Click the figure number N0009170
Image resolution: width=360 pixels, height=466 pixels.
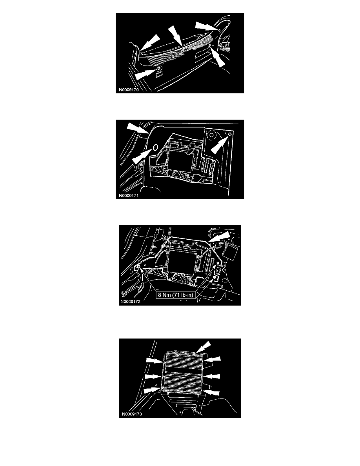click(129, 90)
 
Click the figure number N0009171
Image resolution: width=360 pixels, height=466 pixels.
click(129, 196)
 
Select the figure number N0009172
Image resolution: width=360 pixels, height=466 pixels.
click(130, 302)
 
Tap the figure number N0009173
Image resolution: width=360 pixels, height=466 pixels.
click(132, 414)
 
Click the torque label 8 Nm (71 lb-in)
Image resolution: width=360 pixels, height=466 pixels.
click(176, 295)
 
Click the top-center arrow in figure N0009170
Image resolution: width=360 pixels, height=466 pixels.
click(176, 36)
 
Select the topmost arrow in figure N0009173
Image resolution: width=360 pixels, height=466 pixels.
click(204, 346)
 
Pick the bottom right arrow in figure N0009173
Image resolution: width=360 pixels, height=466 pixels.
click(211, 392)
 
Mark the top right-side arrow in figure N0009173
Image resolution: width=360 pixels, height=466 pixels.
click(213, 359)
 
